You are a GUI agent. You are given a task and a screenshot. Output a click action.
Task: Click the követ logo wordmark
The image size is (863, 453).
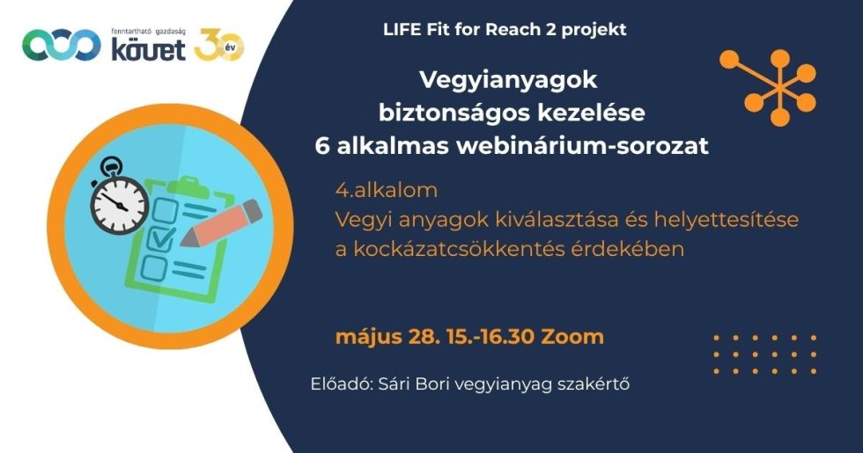[x=149, y=49]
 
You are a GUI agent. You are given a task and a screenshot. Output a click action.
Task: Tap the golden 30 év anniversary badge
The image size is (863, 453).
[x=218, y=45]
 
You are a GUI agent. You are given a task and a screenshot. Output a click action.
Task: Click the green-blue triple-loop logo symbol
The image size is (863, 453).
[x=61, y=45]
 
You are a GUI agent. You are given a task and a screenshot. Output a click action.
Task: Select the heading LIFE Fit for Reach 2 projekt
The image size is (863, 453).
[x=505, y=29]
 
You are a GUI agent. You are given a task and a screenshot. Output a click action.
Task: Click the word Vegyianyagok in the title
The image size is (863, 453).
[x=508, y=81]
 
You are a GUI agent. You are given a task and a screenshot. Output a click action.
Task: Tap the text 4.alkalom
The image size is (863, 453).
[x=387, y=190]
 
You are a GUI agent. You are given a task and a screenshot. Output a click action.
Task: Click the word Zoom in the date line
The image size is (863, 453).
[x=572, y=336]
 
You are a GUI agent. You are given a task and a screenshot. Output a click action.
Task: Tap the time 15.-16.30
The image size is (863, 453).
[x=491, y=336]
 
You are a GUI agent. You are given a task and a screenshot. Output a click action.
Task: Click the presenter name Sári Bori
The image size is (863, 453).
[x=406, y=384]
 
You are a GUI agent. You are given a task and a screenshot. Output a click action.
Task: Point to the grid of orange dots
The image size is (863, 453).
[x=764, y=354]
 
